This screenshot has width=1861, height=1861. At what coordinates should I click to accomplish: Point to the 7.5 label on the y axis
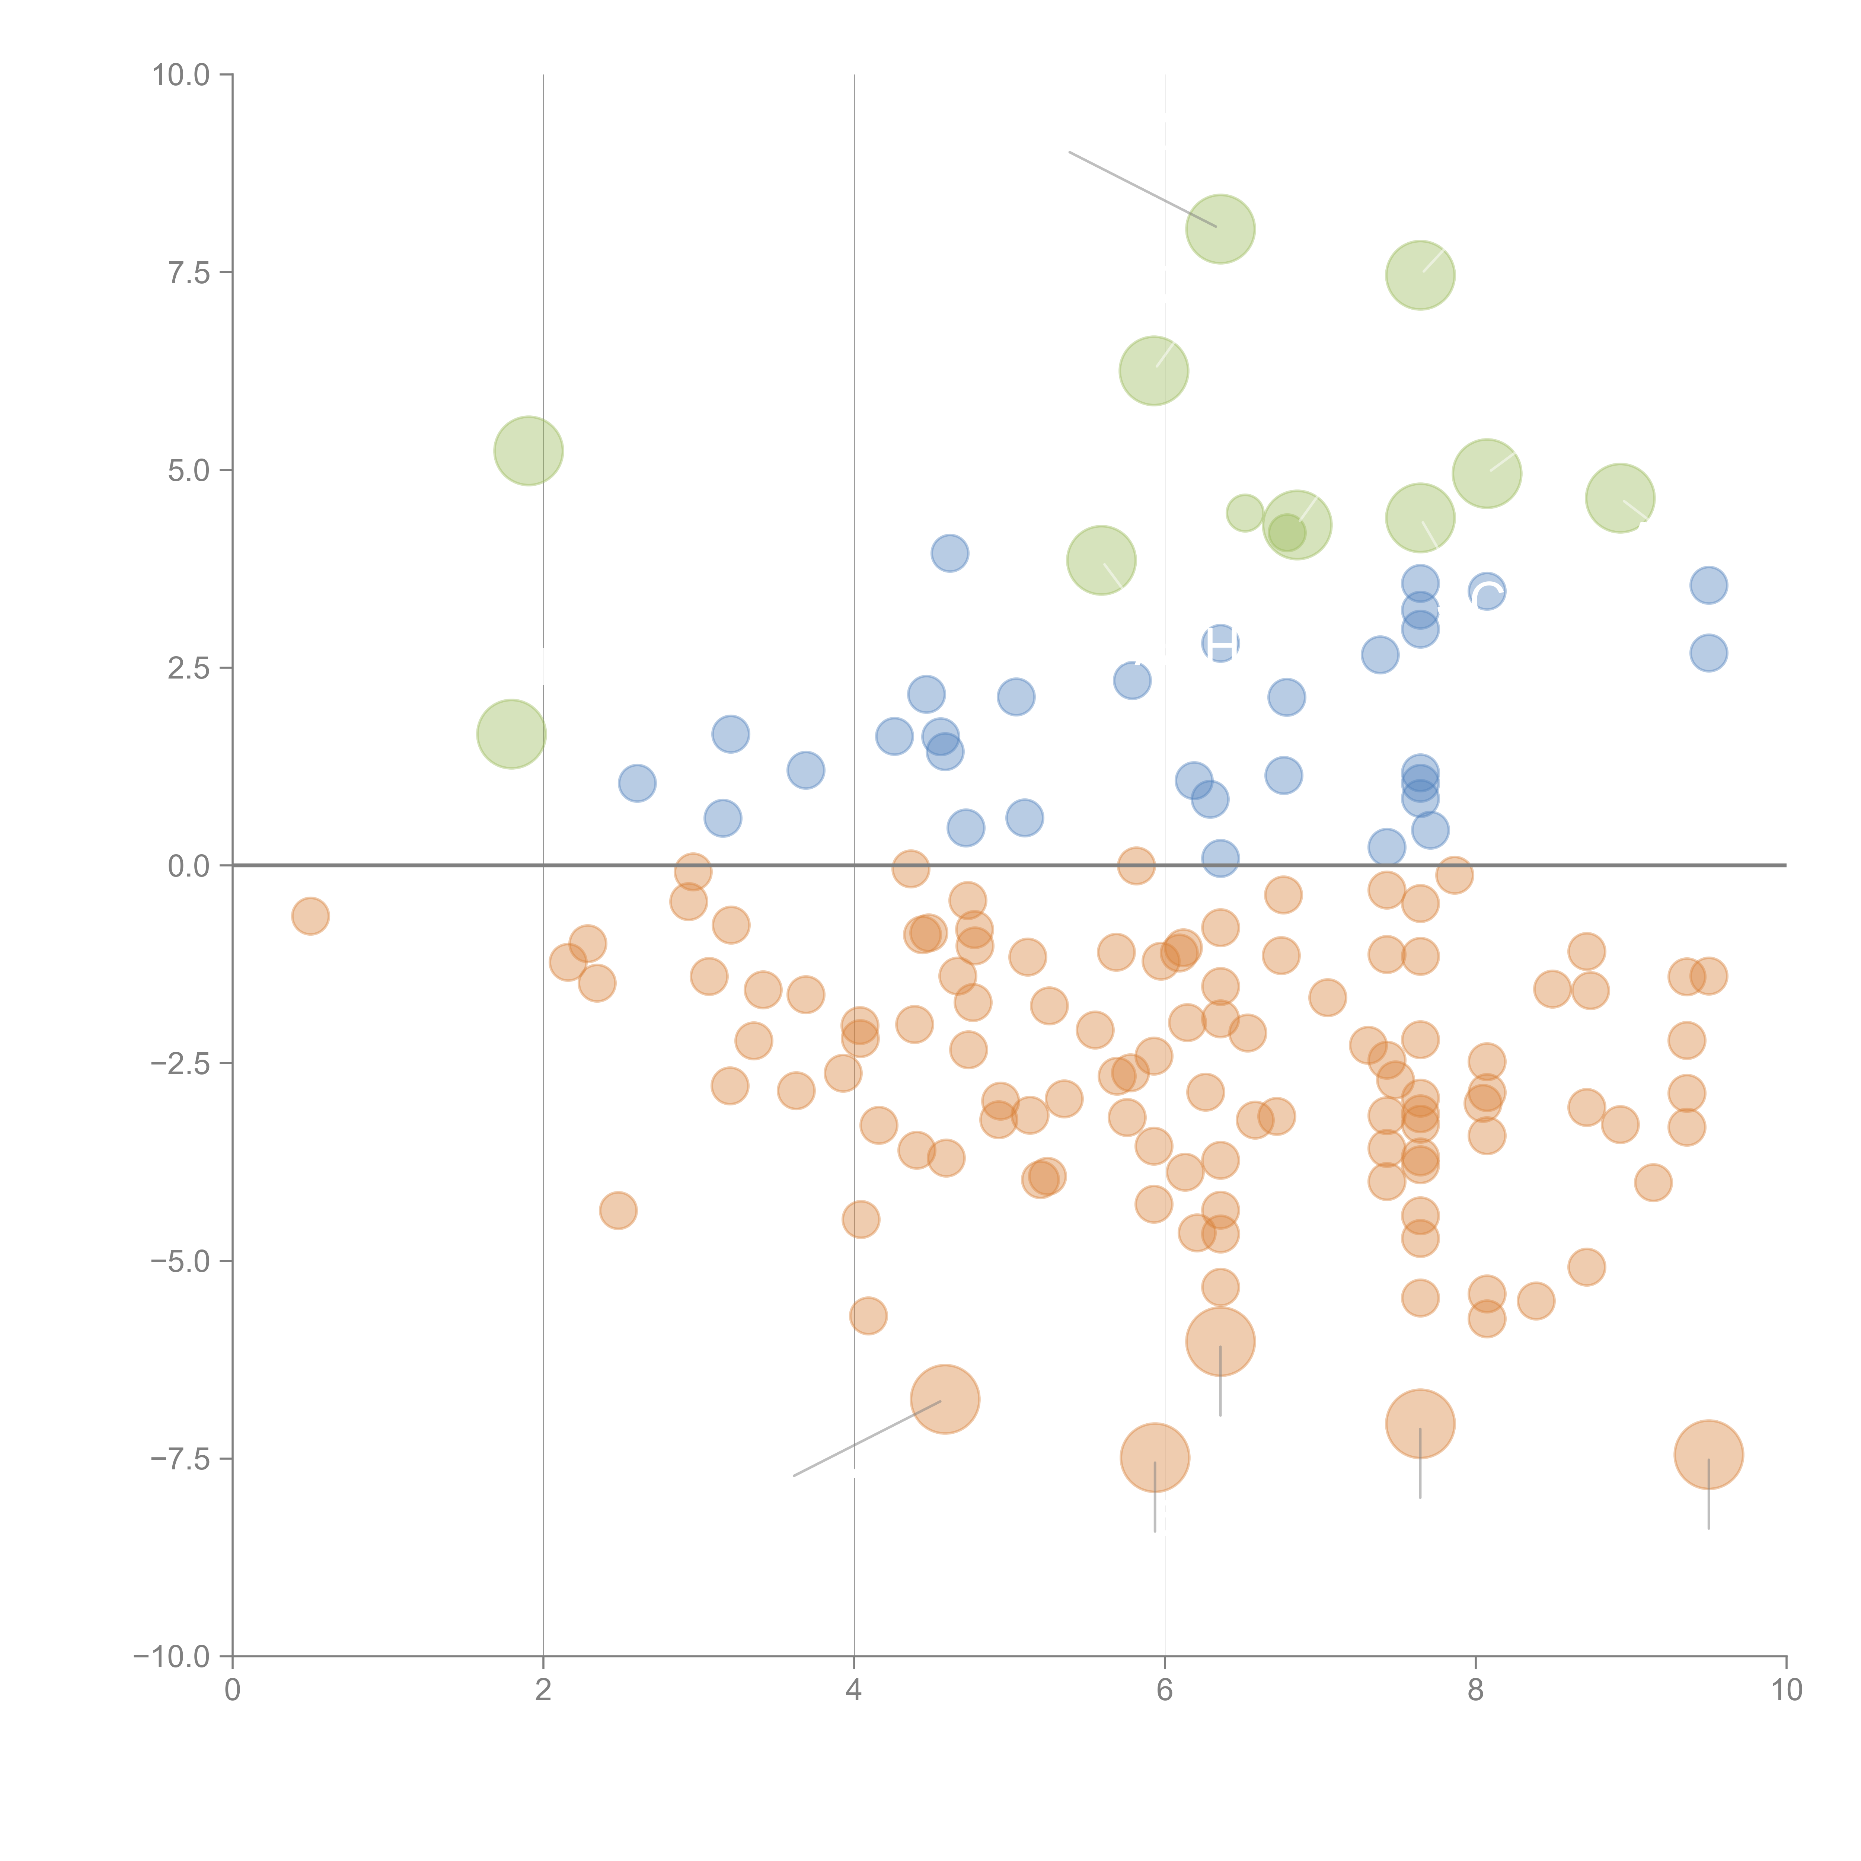[x=189, y=272]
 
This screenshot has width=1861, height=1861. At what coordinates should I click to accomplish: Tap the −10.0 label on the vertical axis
[x=172, y=1657]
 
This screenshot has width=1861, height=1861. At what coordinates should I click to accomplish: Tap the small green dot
[x=1245, y=513]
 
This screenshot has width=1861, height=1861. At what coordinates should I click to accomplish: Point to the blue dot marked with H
[x=1220, y=644]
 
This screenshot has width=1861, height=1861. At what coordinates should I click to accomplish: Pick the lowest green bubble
[x=511, y=734]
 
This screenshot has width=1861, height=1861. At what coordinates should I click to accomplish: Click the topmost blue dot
[x=950, y=553]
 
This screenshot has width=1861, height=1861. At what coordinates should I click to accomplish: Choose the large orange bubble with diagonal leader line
[x=945, y=1399]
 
